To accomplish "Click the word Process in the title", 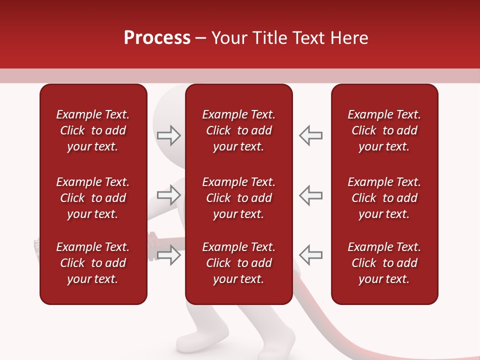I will (x=157, y=38).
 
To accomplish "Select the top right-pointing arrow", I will (x=168, y=135).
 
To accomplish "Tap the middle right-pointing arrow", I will (x=168, y=194).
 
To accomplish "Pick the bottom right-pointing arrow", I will (x=168, y=254).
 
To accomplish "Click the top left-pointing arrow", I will (x=310, y=135).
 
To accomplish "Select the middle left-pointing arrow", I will (x=310, y=194).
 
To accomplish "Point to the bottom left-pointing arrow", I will (x=310, y=254).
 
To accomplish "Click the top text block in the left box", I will (x=93, y=130).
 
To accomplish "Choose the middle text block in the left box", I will (x=93, y=198).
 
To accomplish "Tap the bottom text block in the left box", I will (x=93, y=263).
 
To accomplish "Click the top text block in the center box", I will (x=238, y=130).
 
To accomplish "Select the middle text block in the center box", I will (x=238, y=198).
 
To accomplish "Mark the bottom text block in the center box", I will (x=238, y=263).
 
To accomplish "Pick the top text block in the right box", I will (x=384, y=130).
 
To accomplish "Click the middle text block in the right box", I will (x=384, y=198).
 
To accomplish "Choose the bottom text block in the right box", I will (x=384, y=263).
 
